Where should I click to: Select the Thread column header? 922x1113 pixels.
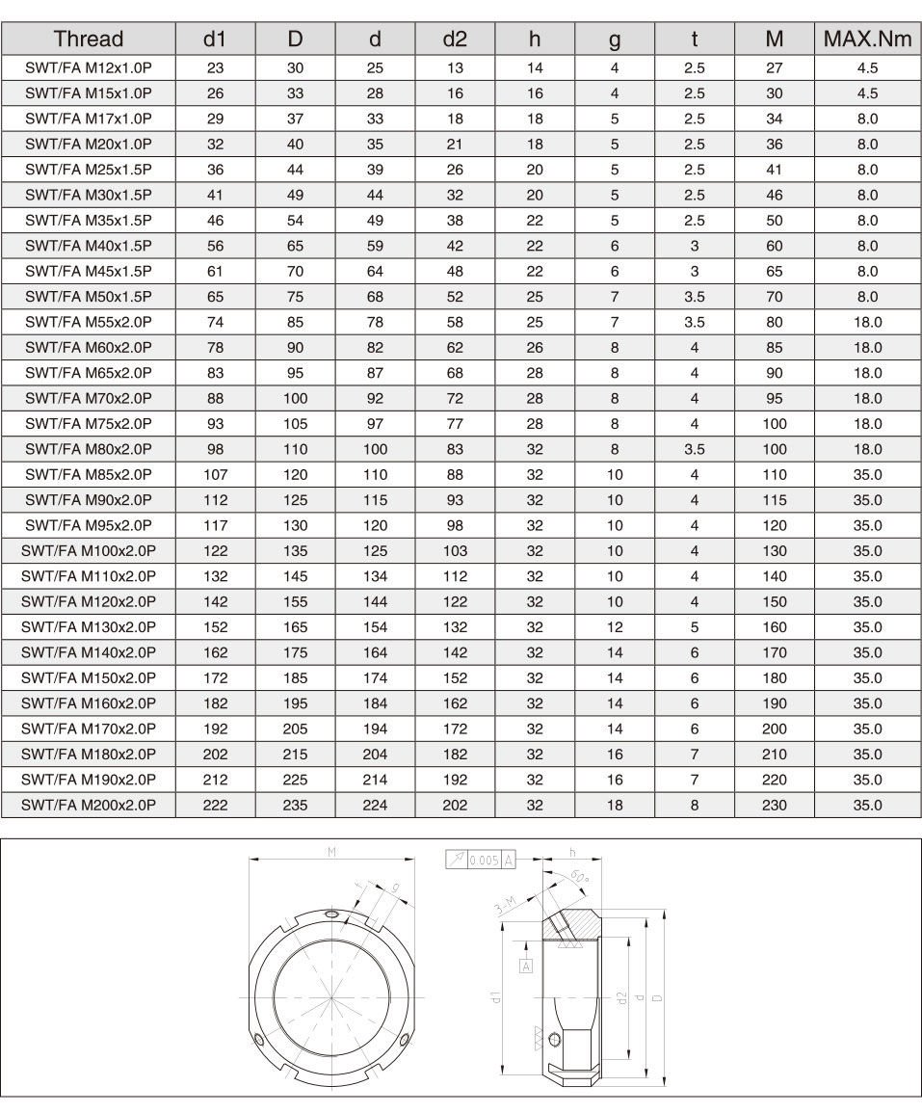(89, 40)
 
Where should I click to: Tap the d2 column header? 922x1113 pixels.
(455, 40)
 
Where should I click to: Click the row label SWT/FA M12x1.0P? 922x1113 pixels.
(89, 68)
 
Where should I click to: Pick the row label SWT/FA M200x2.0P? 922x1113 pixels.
(89, 805)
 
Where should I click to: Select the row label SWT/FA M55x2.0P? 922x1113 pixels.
(89, 322)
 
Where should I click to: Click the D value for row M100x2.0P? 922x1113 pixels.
(296, 551)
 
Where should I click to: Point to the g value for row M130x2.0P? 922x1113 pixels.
(615, 626)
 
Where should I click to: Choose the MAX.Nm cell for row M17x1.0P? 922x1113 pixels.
(867, 119)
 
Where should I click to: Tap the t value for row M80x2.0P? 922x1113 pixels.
(695, 449)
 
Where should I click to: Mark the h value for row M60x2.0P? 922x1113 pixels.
(535, 348)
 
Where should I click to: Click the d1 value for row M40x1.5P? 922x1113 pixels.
(216, 246)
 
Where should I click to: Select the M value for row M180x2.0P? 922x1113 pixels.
(775, 754)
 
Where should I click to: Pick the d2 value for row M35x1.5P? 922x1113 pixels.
(455, 221)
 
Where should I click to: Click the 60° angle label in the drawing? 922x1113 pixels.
(578, 878)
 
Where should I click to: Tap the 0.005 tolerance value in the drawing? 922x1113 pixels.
(484, 860)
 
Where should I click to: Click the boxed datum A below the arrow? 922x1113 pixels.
(526, 965)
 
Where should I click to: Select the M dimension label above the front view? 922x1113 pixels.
(331, 852)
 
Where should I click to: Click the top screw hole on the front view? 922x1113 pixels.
(331, 914)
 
